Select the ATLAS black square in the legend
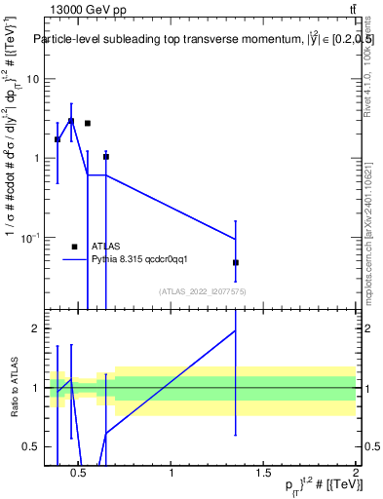click(x=74, y=247)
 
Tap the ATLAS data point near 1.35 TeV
click(x=236, y=263)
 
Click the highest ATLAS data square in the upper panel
click(x=71, y=121)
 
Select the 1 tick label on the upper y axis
click(x=35, y=158)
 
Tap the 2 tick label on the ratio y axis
click(x=35, y=328)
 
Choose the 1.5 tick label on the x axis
click(x=263, y=475)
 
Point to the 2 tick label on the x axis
click(x=355, y=475)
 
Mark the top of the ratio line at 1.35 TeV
click(x=236, y=330)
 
